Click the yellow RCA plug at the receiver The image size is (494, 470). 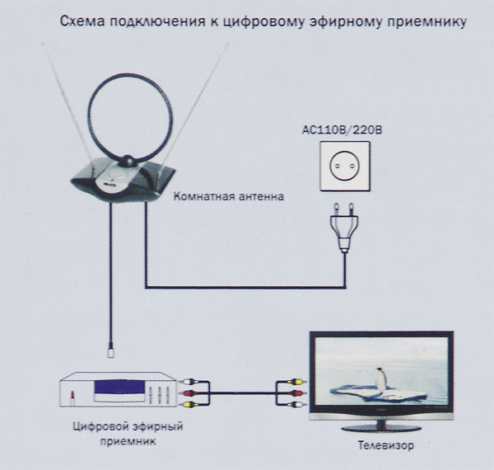[x=186, y=404]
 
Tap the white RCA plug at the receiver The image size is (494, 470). [x=186, y=382]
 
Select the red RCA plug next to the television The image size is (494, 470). [x=296, y=393]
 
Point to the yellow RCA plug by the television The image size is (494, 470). [x=296, y=382]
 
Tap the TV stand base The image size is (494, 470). [x=381, y=428]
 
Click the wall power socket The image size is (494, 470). [x=345, y=167]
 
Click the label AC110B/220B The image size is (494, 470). [x=342, y=130]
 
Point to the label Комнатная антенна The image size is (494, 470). [x=229, y=196]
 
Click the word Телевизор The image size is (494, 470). [x=385, y=445]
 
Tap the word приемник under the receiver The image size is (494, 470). [x=128, y=441]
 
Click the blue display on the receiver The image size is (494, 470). [x=119, y=387]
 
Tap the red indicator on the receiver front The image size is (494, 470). [x=72, y=396]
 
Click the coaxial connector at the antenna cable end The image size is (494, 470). [x=110, y=350]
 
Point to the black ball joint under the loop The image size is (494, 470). [x=129, y=162]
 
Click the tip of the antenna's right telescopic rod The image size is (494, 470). [x=227, y=45]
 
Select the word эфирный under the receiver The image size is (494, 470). [x=157, y=427]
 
